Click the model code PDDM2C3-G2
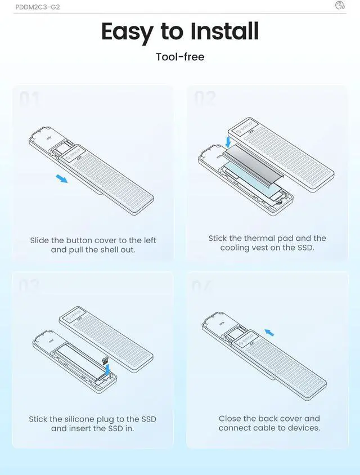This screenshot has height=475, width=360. (x=38, y=7)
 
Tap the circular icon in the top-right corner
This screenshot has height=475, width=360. (x=340, y=6)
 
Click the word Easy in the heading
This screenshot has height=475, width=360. (x=127, y=32)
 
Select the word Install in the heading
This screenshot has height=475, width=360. (x=224, y=32)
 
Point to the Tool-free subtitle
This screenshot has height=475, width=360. (x=179, y=57)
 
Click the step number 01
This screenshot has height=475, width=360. (x=30, y=100)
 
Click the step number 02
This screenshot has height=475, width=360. (x=205, y=100)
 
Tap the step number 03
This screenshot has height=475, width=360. (x=30, y=285)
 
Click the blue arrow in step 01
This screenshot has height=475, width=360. (x=61, y=179)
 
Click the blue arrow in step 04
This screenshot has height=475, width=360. (x=269, y=333)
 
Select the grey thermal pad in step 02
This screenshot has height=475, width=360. (x=253, y=169)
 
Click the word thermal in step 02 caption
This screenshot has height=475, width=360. (x=260, y=239)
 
